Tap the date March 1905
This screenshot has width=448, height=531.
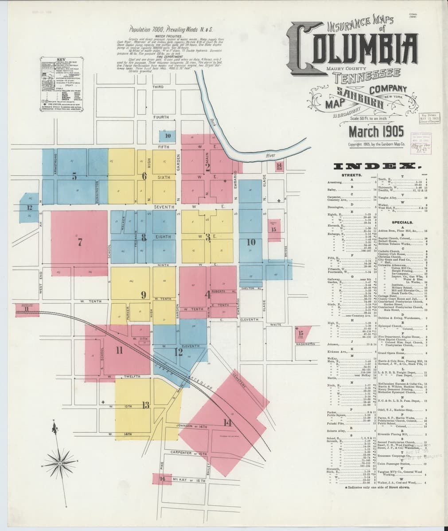click(375, 131)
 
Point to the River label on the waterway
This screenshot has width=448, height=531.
click(271, 156)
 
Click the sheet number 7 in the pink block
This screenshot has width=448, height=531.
click(80, 242)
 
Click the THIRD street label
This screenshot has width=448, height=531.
click(158, 87)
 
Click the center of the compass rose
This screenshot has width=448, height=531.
click(59, 464)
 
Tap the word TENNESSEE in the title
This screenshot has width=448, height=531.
click(367, 76)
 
